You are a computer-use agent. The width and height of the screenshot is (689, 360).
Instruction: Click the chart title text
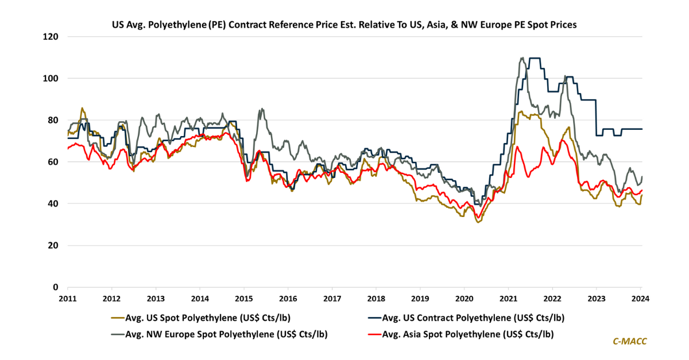pos(344,25)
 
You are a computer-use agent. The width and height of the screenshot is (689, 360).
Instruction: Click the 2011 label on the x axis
pos(67,299)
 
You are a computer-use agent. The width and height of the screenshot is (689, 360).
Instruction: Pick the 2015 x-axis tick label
pos(243,299)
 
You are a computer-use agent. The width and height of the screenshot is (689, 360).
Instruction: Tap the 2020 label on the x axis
pos(464,299)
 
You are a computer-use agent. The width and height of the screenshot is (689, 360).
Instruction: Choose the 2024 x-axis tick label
pos(641,299)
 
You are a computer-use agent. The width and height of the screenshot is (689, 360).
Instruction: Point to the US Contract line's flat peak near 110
pos(534,58)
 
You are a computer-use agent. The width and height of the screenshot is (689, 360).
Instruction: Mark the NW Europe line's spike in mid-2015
pos(262,109)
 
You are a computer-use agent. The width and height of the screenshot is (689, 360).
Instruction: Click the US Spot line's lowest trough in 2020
pos(478,222)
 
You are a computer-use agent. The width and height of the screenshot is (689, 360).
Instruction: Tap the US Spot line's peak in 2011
pos(82,108)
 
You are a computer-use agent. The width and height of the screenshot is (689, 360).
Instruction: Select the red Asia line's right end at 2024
pos(641,190)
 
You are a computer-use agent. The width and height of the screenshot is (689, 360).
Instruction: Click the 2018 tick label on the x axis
pos(376,299)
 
